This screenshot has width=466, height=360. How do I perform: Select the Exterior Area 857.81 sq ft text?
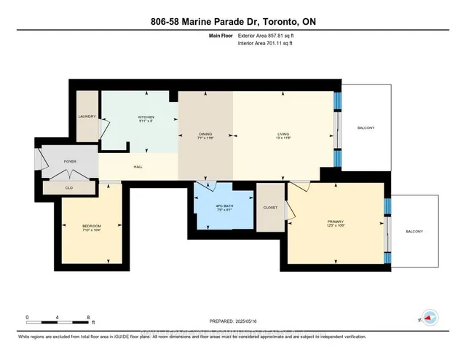(x=267, y=34)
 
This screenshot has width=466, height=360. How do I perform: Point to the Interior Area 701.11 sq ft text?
(x=266, y=43)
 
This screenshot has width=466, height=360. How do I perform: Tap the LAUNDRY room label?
(x=87, y=117)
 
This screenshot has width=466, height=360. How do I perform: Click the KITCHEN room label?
(x=147, y=118)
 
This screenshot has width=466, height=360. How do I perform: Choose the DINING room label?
(x=205, y=134)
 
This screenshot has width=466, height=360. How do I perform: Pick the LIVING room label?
(x=283, y=134)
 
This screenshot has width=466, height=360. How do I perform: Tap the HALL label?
(x=138, y=167)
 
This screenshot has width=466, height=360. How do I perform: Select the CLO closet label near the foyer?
(x=69, y=188)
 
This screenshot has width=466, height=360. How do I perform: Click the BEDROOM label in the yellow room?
(x=91, y=226)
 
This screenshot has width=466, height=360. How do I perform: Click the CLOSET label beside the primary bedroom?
(x=269, y=207)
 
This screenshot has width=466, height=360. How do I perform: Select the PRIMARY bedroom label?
(x=335, y=221)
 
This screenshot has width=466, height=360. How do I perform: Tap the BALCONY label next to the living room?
(x=366, y=128)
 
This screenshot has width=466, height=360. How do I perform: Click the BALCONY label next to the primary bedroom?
(x=414, y=232)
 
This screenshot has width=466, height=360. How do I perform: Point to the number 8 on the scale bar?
(x=88, y=318)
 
